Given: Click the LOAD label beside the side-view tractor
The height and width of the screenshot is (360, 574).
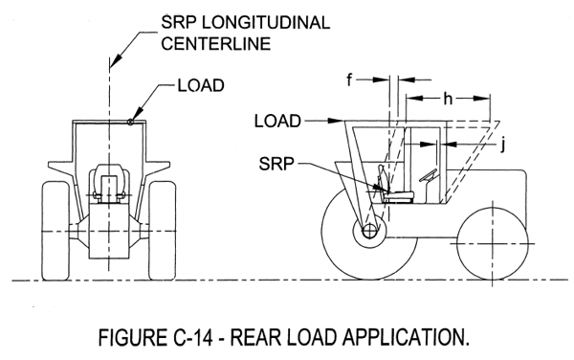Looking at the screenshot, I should click(278, 122).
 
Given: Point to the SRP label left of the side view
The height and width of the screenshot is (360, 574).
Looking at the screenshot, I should click(278, 165).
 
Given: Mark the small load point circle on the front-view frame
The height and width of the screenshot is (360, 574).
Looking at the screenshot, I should click(130, 121).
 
